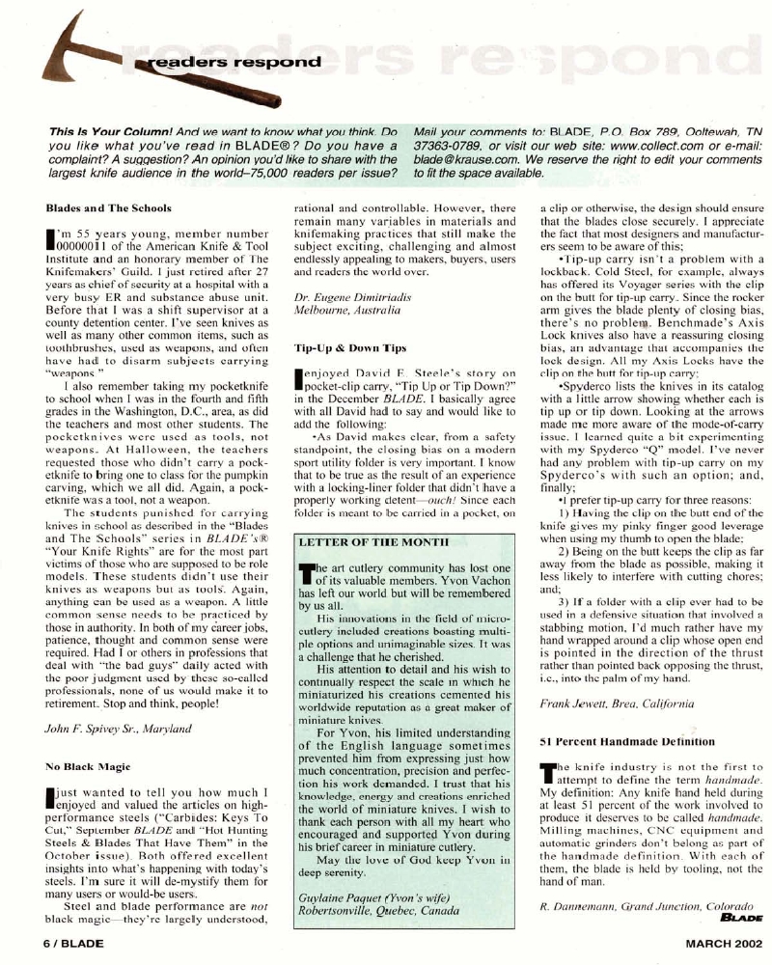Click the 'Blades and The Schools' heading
click(x=108, y=207)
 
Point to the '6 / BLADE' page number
click(x=74, y=940)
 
